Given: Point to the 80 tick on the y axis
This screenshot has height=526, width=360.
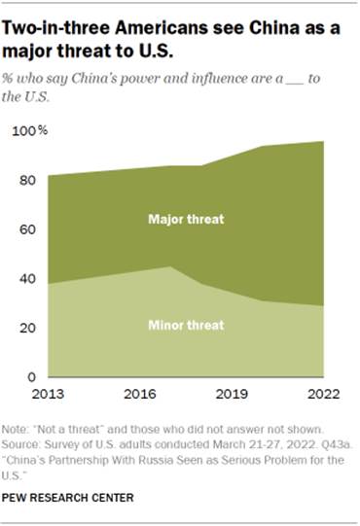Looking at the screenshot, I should click(x=28, y=180).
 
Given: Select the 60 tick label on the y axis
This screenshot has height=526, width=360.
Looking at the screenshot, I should click(x=28, y=229).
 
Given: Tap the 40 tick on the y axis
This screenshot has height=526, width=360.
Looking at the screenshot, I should click(x=28, y=279).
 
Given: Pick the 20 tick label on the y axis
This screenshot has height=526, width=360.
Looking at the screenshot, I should click(x=28, y=329).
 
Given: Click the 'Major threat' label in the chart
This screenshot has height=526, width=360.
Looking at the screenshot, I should click(x=186, y=220).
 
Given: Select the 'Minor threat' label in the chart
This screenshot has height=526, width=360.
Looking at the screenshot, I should click(x=186, y=324).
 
